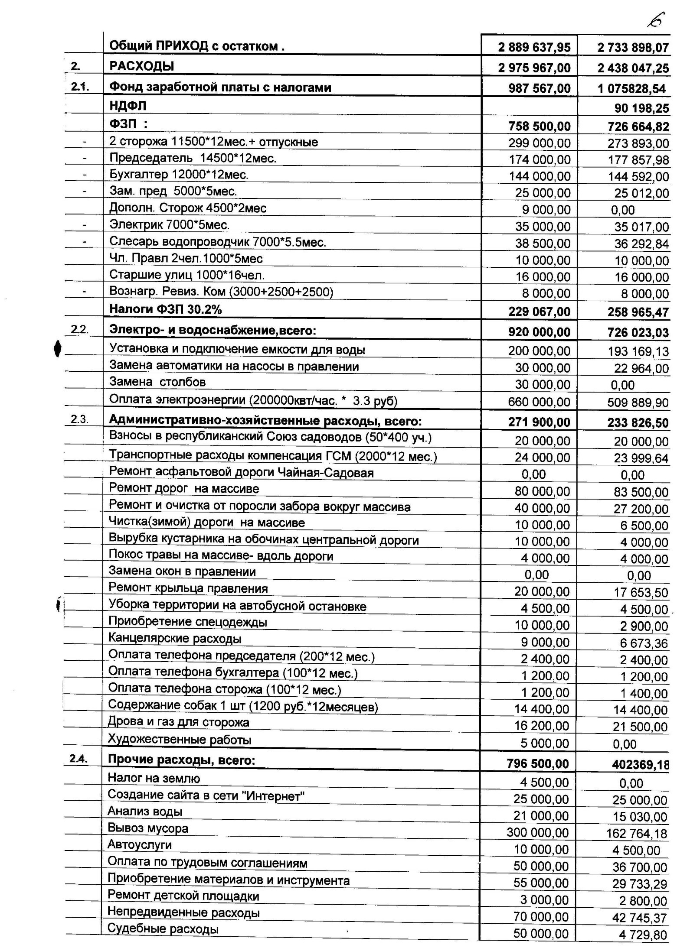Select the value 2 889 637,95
pyautogui.click(x=534, y=47)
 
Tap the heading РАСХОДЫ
pyautogui.click(x=142, y=66)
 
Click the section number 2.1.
pyautogui.click(x=80, y=87)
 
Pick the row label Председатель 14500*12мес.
pyautogui.click(x=193, y=158)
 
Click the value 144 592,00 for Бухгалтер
pyautogui.click(x=638, y=176)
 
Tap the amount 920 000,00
pyautogui.click(x=539, y=332)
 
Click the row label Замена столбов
pyautogui.click(x=157, y=382)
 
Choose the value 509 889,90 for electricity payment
pyautogui.click(x=638, y=403)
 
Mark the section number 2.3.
pyautogui.click(x=79, y=419)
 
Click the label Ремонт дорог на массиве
pyautogui.click(x=184, y=489)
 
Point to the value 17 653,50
pyautogui.click(x=641, y=592)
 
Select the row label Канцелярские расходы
pyautogui.click(x=175, y=639)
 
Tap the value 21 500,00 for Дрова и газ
pyautogui.click(x=640, y=727)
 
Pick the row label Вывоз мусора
pyautogui.click(x=148, y=828)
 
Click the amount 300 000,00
pyautogui.click(x=537, y=832)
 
